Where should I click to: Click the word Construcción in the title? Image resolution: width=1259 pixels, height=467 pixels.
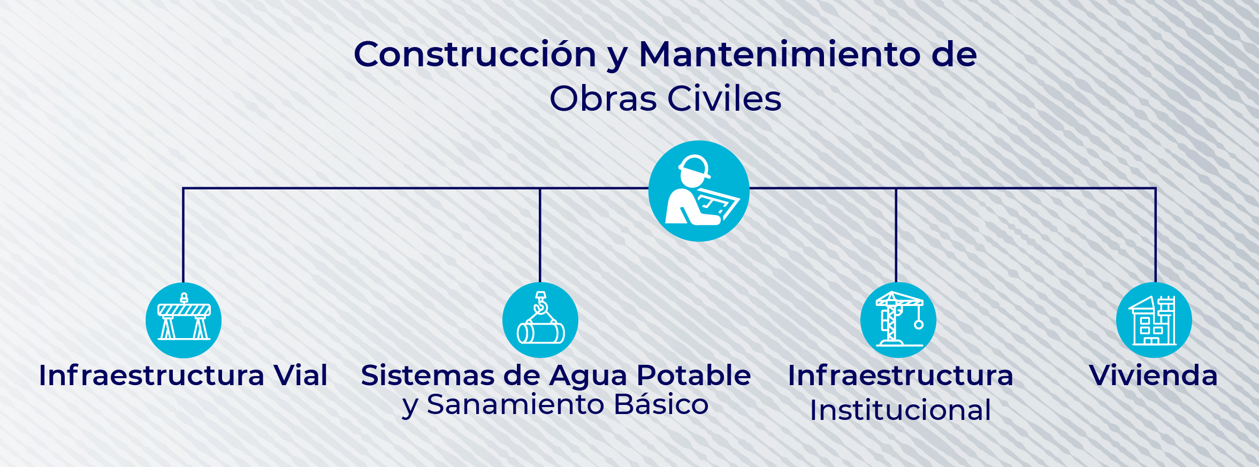pyautogui.click(x=475, y=55)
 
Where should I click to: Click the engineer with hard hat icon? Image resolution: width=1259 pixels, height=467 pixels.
pyautogui.click(x=699, y=191)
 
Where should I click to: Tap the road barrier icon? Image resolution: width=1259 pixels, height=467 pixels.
pyautogui.click(x=184, y=320)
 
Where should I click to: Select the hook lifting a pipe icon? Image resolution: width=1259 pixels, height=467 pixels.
pyautogui.click(x=540, y=320)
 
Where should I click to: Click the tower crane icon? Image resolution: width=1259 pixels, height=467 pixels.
pyautogui.click(x=898, y=320)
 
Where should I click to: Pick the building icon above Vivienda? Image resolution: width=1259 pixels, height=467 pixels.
pyautogui.click(x=1154, y=320)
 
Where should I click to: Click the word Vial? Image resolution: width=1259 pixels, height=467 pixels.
pyautogui.click(x=301, y=375)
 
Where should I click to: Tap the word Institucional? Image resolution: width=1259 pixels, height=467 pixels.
pyautogui.click(x=901, y=410)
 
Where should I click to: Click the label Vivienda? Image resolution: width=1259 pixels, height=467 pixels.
pyautogui.click(x=1154, y=375)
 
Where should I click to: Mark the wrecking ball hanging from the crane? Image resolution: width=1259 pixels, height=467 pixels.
pyautogui.click(x=919, y=325)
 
